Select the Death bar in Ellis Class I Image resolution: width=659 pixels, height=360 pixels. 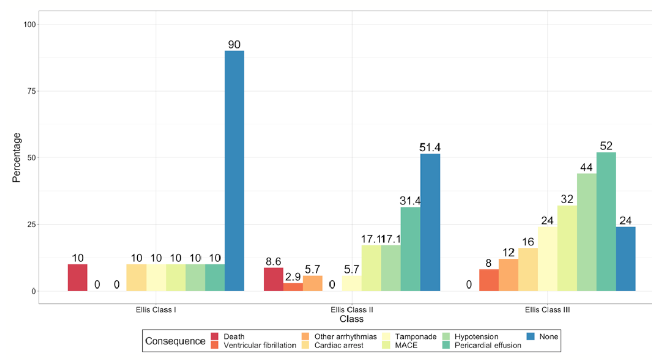click(x=78, y=278)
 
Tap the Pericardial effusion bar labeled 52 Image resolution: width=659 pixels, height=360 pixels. click(x=606, y=221)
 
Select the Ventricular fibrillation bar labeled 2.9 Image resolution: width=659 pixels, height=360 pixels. click(x=293, y=287)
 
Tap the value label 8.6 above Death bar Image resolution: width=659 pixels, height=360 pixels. click(x=273, y=261)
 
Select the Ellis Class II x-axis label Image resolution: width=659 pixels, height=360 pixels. click(x=352, y=310)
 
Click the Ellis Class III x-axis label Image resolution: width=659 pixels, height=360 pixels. click(x=547, y=310)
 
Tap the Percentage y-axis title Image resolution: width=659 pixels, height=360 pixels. click(x=17, y=157)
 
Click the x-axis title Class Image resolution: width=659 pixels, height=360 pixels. click(x=352, y=319)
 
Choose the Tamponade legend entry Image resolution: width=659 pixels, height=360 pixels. click(x=416, y=337)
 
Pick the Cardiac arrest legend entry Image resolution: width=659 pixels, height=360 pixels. click(x=339, y=345)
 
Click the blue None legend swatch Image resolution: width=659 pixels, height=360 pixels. click(x=532, y=337)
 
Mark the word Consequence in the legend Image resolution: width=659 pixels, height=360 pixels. click(x=175, y=341)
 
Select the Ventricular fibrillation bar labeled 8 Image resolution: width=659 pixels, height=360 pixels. click(x=489, y=280)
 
